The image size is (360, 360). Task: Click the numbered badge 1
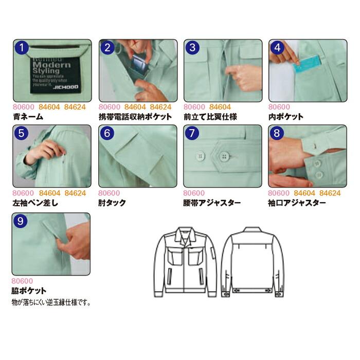[x=22, y=49]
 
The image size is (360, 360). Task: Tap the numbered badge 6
[x=107, y=133]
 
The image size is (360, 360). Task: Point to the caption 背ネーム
[x=28, y=117]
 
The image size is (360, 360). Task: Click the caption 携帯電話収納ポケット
[x=135, y=117]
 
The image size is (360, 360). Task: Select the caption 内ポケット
[x=286, y=117]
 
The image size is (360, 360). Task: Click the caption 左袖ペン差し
[x=35, y=203]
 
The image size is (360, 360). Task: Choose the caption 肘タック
[x=112, y=203]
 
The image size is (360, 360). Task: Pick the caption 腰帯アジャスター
[x=212, y=203]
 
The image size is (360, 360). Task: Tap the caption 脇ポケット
[x=29, y=291]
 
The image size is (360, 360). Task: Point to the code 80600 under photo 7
[x=194, y=193]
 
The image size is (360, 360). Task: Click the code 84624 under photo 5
[x=75, y=193]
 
